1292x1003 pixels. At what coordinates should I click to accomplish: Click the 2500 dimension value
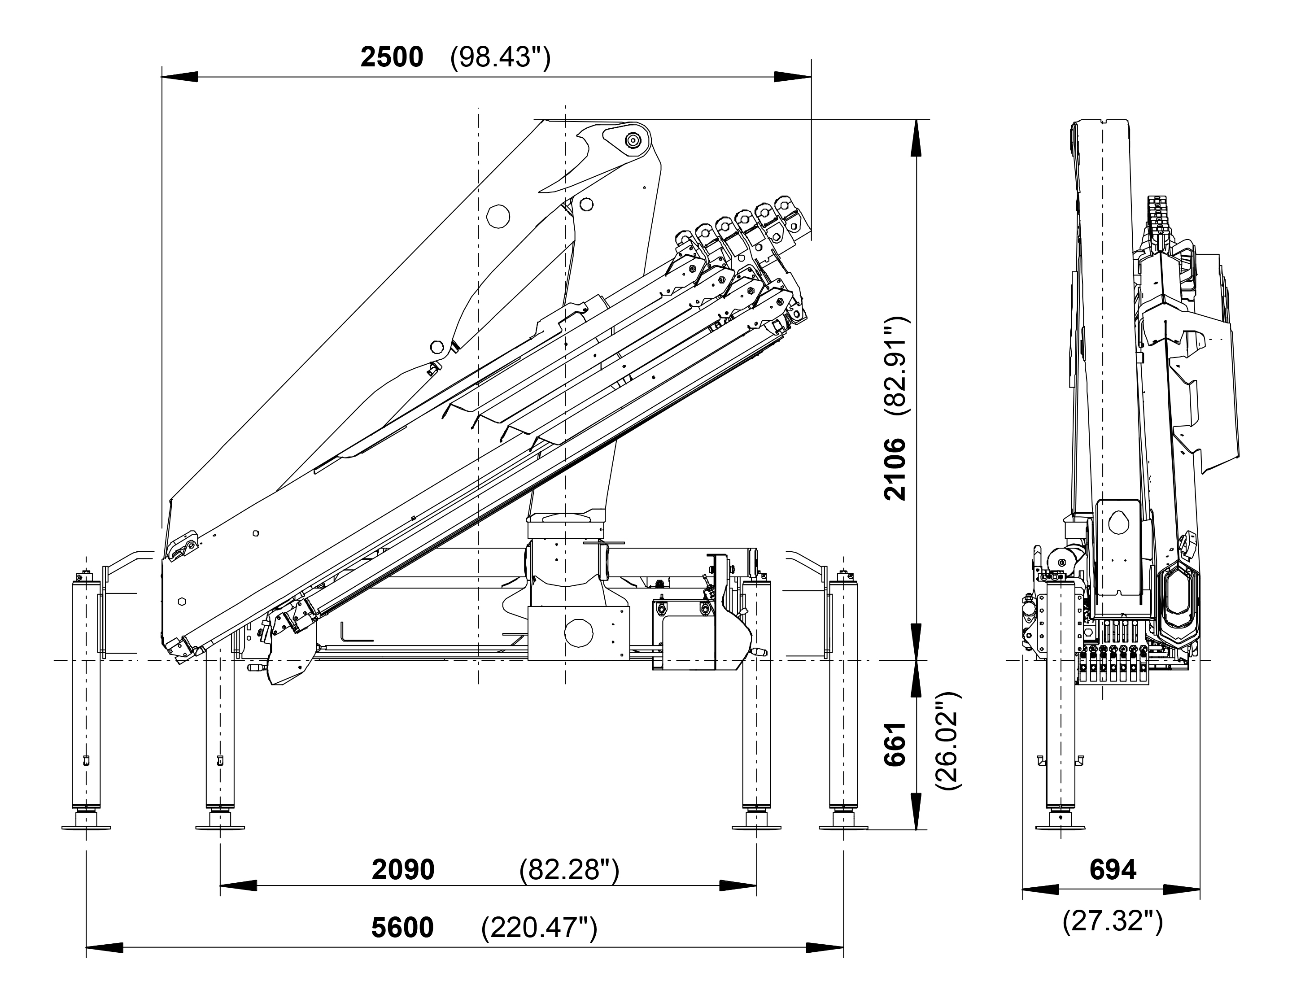(392, 57)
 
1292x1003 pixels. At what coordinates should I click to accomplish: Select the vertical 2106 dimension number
(895, 469)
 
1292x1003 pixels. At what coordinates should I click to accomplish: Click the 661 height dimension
(895, 744)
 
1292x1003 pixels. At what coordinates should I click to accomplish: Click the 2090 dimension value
(403, 869)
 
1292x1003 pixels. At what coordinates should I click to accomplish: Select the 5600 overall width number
(402, 927)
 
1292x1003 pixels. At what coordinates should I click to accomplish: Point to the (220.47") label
(539, 927)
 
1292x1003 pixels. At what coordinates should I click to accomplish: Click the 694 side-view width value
(1113, 869)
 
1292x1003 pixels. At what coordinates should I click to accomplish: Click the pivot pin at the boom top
(633, 140)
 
